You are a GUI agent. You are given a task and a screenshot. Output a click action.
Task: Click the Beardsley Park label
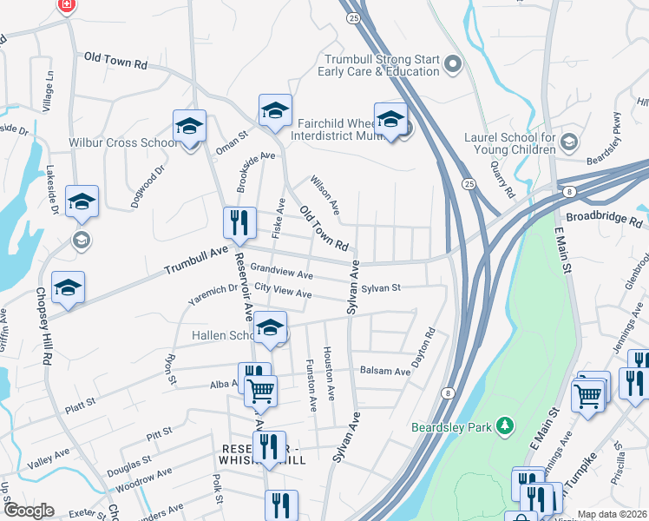451,427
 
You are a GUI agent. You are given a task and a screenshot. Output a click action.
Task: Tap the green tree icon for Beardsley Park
502,426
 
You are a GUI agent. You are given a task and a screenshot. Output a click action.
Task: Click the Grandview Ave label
281,274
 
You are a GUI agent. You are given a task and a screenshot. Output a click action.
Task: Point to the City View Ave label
282,293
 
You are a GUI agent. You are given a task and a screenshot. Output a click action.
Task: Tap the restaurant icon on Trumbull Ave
239,224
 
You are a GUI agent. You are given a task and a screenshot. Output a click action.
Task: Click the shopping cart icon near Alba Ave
260,392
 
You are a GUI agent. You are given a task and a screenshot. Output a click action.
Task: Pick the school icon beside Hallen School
271,328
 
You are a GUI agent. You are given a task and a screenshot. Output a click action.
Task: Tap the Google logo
29,511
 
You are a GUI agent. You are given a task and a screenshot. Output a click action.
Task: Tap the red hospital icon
66,5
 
